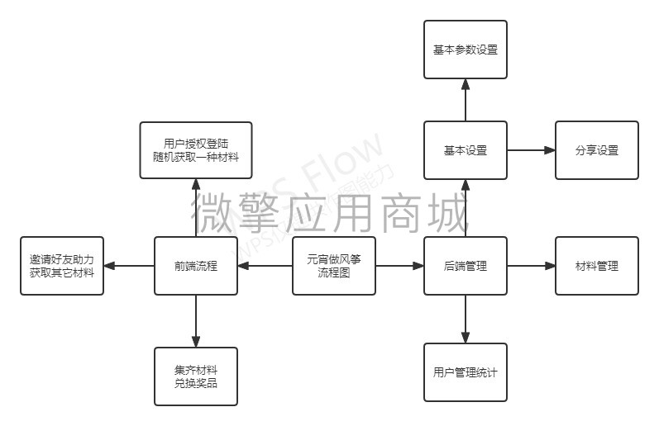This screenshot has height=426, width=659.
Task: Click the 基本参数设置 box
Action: point(465,50)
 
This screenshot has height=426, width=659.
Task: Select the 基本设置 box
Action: point(465,150)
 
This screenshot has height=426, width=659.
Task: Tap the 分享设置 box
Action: point(596,150)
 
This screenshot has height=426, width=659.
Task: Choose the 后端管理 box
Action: point(465,266)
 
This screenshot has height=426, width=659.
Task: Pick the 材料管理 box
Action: point(596,266)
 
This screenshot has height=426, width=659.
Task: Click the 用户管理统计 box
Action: point(465,372)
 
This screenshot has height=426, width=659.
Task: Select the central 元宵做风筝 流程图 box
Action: point(334,266)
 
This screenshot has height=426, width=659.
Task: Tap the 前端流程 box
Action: point(196,266)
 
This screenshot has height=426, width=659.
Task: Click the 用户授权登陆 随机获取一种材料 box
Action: point(196,150)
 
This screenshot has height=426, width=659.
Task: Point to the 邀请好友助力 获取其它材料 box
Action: point(63,266)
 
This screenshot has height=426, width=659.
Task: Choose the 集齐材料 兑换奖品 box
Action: point(196,376)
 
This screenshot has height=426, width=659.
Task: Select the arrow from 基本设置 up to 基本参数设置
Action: point(465,100)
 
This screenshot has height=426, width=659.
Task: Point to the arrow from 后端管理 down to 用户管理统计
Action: point(465,319)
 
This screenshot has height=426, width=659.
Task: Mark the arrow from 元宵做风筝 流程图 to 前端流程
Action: point(265,266)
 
